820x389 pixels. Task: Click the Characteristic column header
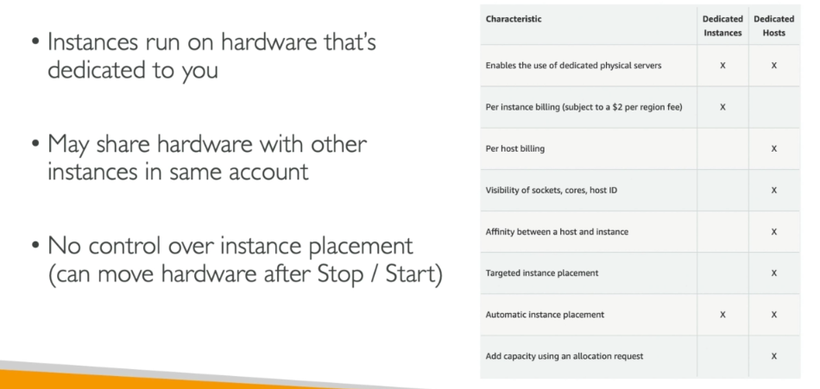514,19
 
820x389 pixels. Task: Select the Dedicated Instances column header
722,26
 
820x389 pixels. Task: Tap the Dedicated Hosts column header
774,26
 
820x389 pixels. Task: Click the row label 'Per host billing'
515,148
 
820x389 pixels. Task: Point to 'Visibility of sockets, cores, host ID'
552,191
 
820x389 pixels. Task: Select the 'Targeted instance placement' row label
542,273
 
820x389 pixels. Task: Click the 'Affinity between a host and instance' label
557,232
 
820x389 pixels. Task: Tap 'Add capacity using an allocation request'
565,356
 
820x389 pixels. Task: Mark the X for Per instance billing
722,107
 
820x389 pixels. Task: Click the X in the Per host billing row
774,149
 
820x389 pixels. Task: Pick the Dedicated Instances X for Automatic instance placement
722,315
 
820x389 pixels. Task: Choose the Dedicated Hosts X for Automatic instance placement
774,315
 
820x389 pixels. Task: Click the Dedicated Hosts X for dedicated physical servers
774,66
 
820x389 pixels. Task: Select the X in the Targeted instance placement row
774,273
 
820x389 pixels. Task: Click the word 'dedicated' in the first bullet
96,70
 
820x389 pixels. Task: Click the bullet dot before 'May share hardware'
35,142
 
